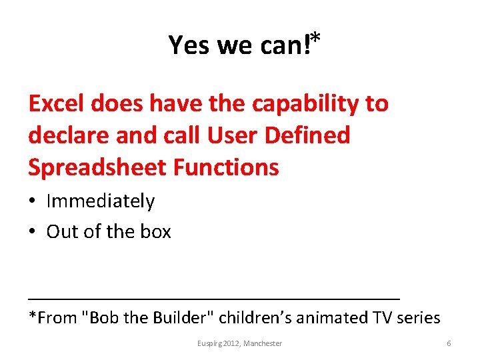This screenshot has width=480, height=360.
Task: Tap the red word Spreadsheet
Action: click(x=97, y=167)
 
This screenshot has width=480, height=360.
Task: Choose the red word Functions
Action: click(x=226, y=167)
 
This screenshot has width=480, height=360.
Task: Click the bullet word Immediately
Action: click(x=100, y=201)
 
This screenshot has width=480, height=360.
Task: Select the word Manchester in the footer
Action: click(x=263, y=343)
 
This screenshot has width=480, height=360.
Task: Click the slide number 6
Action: click(x=449, y=343)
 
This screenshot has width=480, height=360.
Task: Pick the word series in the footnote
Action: click(x=418, y=317)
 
